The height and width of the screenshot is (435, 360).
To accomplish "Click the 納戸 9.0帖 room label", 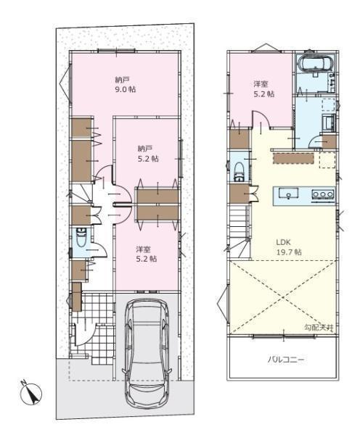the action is (x=126, y=85).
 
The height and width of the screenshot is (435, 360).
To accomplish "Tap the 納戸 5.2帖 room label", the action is (x=148, y=154).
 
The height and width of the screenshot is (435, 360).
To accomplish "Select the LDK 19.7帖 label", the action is (x=289, y=247).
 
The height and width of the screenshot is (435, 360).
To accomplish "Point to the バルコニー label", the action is (x=286, y=360).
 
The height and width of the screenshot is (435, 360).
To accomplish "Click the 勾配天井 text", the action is (x=319, y=328).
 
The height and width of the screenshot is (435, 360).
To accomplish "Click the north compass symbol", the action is (x=31, y=392).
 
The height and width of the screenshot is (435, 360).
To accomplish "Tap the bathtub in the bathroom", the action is (x=316, y=63).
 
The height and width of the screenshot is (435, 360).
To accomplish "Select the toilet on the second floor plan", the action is (x=239, y=172).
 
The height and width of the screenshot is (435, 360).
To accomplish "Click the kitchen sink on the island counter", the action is (x=289, y=193).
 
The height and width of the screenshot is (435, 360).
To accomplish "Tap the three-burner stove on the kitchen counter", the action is (x=322, y=194).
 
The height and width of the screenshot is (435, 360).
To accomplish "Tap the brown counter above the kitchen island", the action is (x=293, y=158).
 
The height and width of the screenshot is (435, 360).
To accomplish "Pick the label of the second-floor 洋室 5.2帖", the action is (x=263, y=88).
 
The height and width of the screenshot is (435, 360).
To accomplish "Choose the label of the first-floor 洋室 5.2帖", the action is (x=147, y=254).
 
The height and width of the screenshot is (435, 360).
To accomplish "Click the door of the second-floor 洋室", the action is (x=261, y=119).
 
